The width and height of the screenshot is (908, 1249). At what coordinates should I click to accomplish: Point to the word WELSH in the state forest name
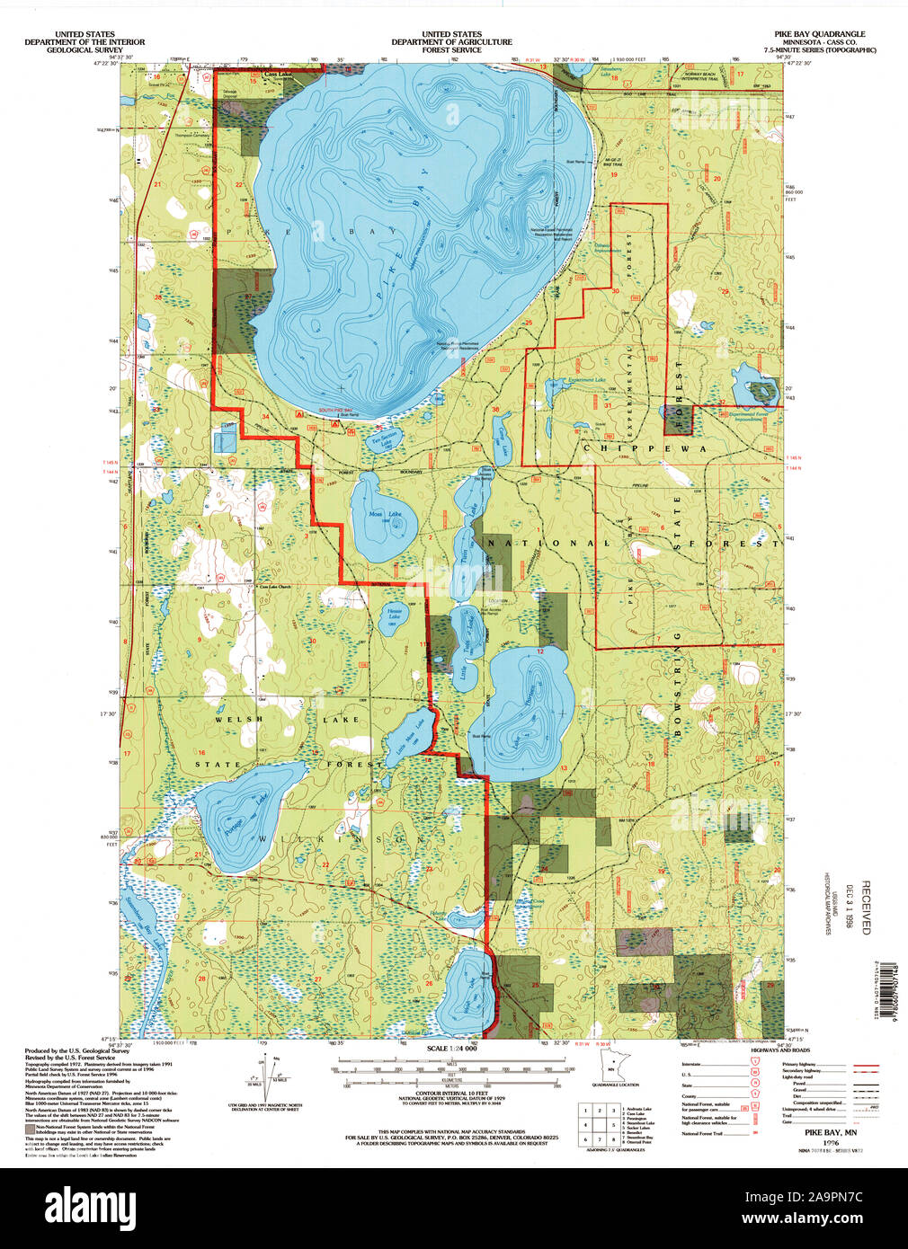(x=239, y=719)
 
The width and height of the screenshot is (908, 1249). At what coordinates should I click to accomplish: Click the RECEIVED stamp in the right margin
(x=866, y=908)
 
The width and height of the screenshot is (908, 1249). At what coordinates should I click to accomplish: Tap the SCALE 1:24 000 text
(x=452, y=1049)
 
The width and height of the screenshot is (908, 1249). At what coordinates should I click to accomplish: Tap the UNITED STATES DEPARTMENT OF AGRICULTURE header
(x=452, y=41)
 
